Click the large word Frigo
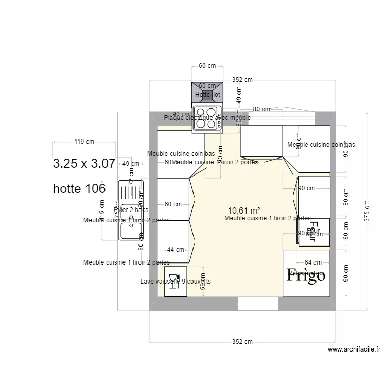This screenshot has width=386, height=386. point(306,276)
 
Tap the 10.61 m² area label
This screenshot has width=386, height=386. point(243,210)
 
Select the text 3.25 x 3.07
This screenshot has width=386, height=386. point(84,164)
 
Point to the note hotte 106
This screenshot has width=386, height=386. point(79,189)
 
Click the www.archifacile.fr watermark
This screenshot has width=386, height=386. point(354,349)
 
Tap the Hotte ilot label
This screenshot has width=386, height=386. point(207,95)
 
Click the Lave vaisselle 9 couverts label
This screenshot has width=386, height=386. point(176,282)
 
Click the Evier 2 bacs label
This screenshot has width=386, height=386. point(131,210)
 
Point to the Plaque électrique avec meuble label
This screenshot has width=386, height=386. point(207,118)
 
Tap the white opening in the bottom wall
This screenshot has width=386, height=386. point(257,304)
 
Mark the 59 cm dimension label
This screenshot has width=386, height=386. point(202,282)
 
